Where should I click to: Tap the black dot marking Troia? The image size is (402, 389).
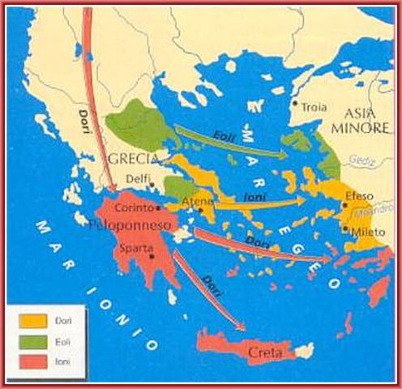click(x=295, y=103)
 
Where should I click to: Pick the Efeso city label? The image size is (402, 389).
click(x=359, y=196)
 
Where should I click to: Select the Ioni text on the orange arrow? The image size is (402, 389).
click(x=254, y=195)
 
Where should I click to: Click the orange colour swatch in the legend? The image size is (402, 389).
click(x=30, y=321)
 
